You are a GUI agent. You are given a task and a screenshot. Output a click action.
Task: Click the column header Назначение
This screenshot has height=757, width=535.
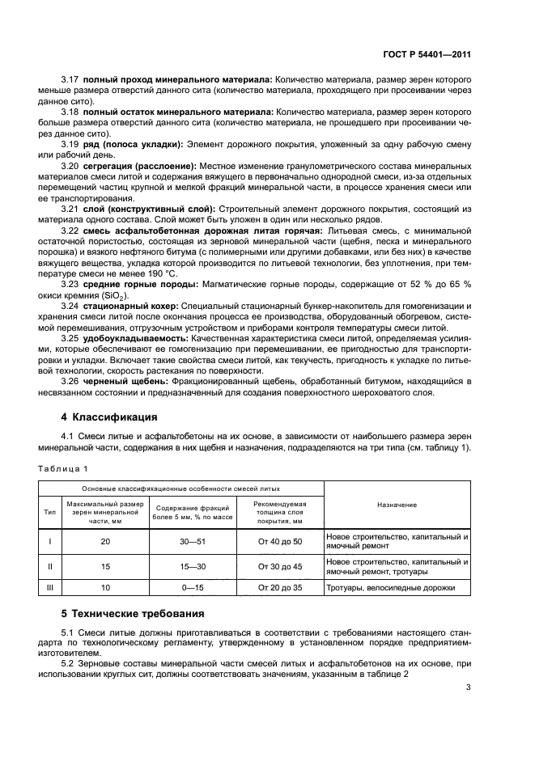(397, 505)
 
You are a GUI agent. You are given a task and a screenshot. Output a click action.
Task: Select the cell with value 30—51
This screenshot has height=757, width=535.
(191, 541)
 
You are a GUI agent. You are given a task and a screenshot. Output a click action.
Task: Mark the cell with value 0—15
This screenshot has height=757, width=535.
(191, 588)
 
